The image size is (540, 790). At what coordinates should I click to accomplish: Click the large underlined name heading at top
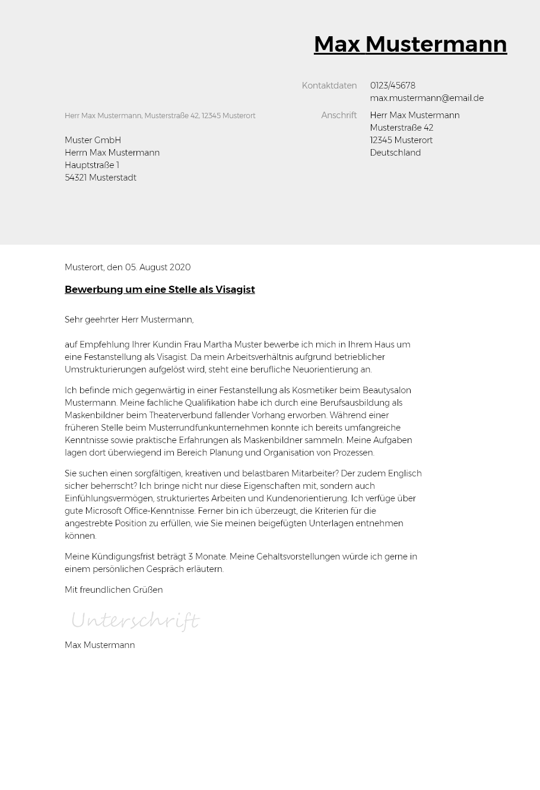click(x=410, y=45)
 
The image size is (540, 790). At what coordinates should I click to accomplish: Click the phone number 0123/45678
click(x=392, y=86)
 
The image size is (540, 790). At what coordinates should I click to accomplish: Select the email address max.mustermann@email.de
click(x=426, y=98)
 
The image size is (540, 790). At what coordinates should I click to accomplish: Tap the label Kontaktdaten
click(x=329, y=86)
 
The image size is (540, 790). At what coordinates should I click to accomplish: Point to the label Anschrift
click(x=338, y=115)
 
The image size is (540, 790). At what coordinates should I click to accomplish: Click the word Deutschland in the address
click(x=395, y=153)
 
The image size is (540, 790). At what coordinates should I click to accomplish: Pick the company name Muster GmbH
click(x=93, y=140)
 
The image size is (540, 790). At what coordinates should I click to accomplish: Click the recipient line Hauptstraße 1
click(x=91, y=165)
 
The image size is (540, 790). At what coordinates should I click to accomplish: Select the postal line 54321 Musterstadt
click(x=100, y=178)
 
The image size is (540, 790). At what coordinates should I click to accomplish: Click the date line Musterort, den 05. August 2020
click(x=127, y=267)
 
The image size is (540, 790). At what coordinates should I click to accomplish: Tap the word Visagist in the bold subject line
click(x=235, y=289)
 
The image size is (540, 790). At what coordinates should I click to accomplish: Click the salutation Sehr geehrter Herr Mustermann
click(x=129, y=320)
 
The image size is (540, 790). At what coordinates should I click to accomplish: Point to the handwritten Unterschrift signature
click(x=135, y=621)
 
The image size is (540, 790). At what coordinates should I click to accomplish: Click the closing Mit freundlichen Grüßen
click(x=113, y=590)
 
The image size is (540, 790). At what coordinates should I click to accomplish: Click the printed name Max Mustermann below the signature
click(x=100, y=645)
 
